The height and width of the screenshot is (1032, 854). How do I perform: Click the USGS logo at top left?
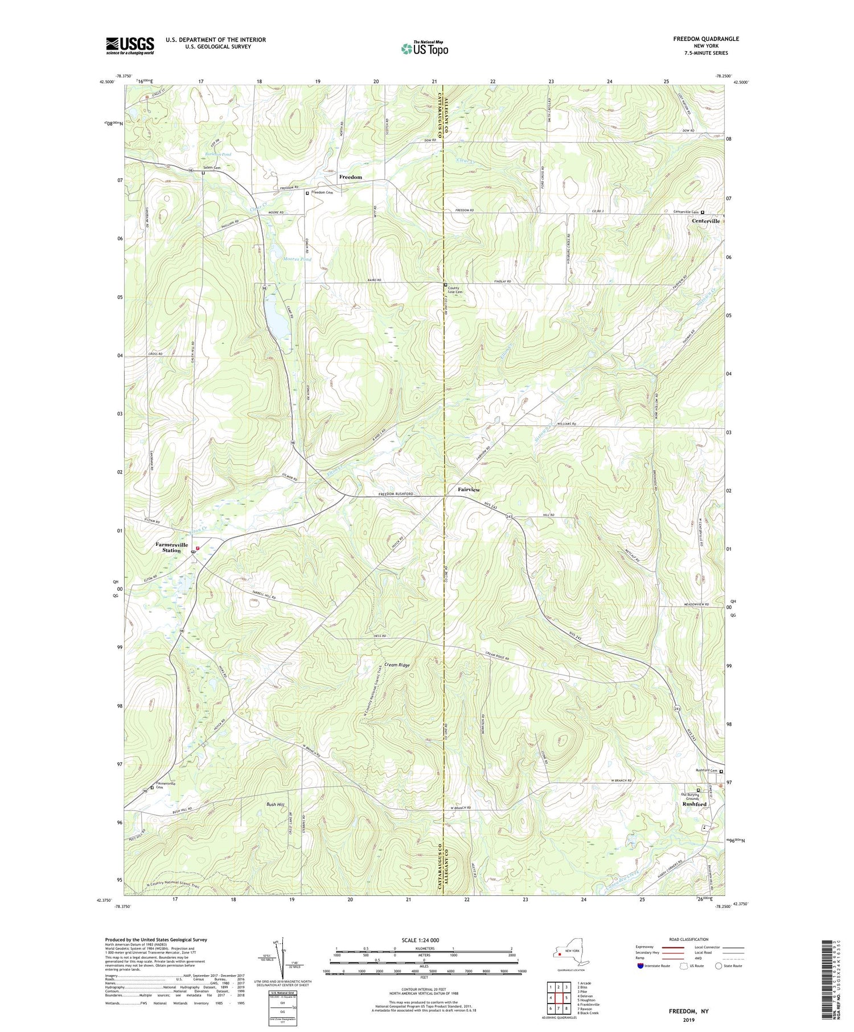click(x=130, y=46)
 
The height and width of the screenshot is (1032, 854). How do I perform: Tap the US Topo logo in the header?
click(x=424, y=49)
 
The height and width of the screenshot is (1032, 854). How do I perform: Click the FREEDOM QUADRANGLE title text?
click(x=706, y=39)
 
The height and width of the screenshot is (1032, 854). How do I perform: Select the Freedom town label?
click(x=350, y=177)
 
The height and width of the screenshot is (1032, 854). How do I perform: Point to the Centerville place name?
click(x=705, y=221)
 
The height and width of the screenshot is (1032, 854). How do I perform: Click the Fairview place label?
click(x=469, y=490)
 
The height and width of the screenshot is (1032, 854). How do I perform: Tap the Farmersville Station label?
click(x=172, y=548)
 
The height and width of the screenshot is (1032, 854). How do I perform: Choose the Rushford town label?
click(x=694, y=804)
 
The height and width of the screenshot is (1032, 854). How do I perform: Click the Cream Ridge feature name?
click(x=397, y=664)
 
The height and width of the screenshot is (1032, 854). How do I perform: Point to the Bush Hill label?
click(x=275, y=804)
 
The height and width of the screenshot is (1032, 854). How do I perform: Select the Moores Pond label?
click(x=297, y=259)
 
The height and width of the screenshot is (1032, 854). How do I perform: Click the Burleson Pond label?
click(x=218, y=154)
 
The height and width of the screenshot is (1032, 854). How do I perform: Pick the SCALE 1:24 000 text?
click(x=424, y=940)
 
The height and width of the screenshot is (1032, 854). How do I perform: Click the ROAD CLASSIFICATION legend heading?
click(x=689, y=939)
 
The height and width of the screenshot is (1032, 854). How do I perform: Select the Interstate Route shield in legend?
click(x=640, y=966)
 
